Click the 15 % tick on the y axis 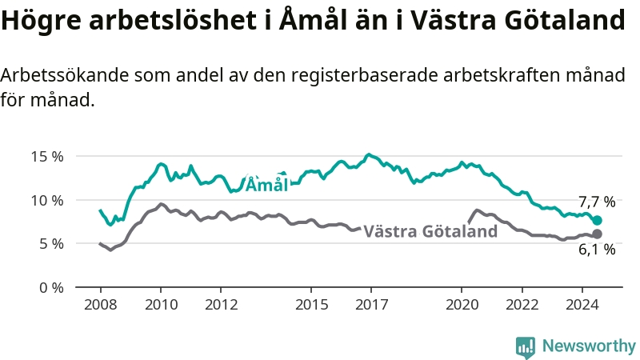point(47,156)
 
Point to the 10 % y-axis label point(47,201)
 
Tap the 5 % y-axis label point(51,244)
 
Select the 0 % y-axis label point(51,288)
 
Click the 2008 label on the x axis point(101,305)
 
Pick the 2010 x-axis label point(162,305)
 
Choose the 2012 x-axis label point(222,305)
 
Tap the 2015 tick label point(311,305)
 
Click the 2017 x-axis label point(371,305)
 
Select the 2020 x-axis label point(462,305)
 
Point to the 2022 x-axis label point(522,305)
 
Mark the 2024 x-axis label point(582,305)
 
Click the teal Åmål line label point(267,185)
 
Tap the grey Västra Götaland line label point(430,231)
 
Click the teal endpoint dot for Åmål point(597,221)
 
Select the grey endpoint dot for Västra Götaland point(597,234)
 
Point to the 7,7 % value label point(597,202)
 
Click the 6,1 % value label point(597,250)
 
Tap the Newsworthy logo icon point(526,347)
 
